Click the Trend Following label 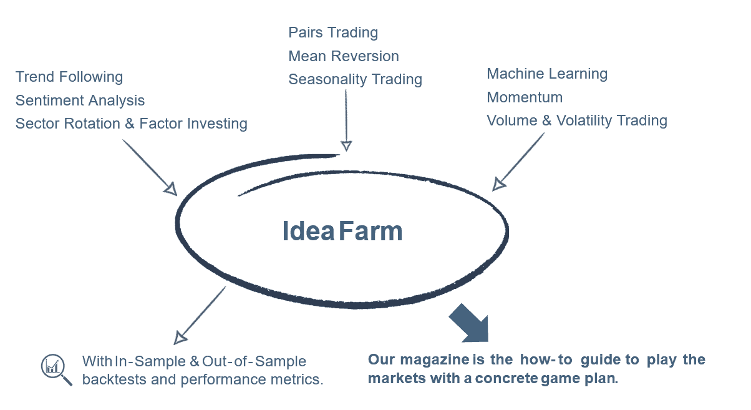[69, 77]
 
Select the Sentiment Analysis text [80, 100]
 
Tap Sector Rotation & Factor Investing [132, 124]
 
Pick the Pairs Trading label [333, 33]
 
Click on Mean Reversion [344, 56]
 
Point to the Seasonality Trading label [356, 80]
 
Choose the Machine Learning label [547, 74]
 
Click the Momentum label [525, 97]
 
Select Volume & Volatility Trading [577, 121]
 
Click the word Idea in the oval [308, 231]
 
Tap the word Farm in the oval [371, 231]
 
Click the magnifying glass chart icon [56, 369]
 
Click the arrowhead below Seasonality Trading [346, 146]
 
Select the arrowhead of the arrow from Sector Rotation [171, 189]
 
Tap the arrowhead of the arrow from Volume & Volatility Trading [498, 185]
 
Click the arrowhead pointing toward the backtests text [180, 338]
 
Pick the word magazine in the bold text [435, 359]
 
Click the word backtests [114, 379]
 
